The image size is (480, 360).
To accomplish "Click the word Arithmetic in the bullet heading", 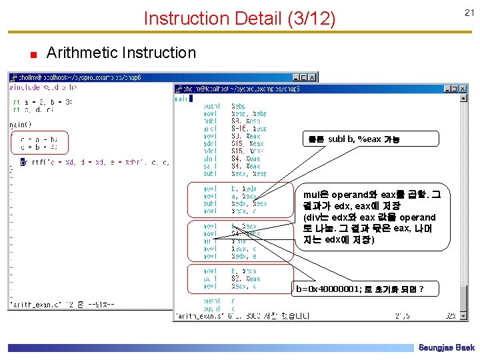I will coord(86,53).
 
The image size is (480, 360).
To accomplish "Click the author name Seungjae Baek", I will coord(446,347).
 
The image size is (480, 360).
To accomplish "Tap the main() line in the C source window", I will coord(18,123).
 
